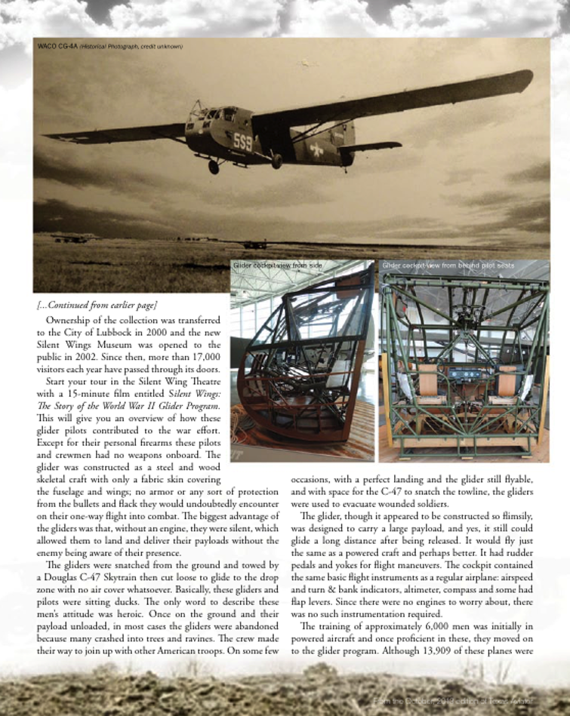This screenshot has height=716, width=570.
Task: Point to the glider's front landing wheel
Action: [214, 167]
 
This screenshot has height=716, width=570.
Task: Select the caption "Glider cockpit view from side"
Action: [278, 266]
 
